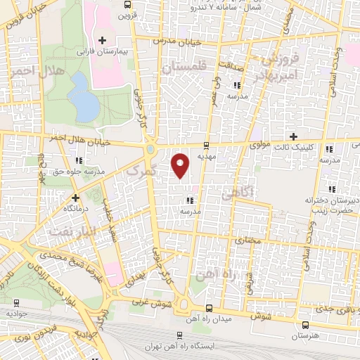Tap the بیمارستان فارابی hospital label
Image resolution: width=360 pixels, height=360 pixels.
point(123,51)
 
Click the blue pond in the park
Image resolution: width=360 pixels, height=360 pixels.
point(84,98)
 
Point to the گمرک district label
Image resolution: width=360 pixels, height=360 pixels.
point(134,171)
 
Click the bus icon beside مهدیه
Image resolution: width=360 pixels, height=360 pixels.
point(205,146)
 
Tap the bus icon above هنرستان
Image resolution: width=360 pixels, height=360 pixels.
point(305,325)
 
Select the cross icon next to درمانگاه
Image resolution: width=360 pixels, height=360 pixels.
point(75,199)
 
